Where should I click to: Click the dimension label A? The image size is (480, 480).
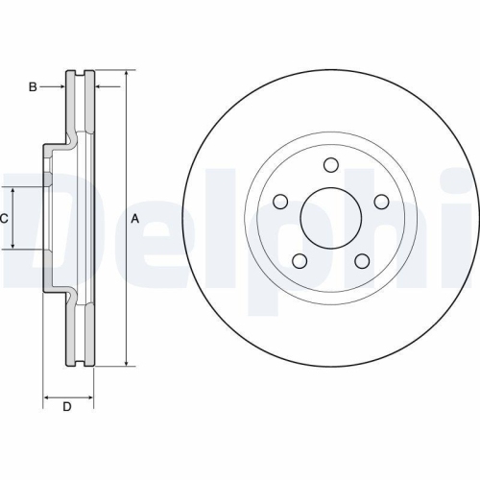tap(135, 218)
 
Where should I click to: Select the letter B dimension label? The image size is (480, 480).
tap(32, 87)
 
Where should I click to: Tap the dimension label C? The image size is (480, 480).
tap(4, 218)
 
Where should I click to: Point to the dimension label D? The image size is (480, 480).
tap(67, 407)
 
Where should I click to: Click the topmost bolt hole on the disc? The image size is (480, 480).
tap(331, 165)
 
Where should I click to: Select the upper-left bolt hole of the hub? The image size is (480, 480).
tap(281, 202)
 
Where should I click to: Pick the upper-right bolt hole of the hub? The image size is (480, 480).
tap(381, 202)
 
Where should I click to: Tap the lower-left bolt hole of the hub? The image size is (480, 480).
tap(300, 261)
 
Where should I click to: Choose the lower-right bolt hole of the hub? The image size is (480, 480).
tap(362, 261)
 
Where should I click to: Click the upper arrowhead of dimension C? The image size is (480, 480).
tap(12, 190)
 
